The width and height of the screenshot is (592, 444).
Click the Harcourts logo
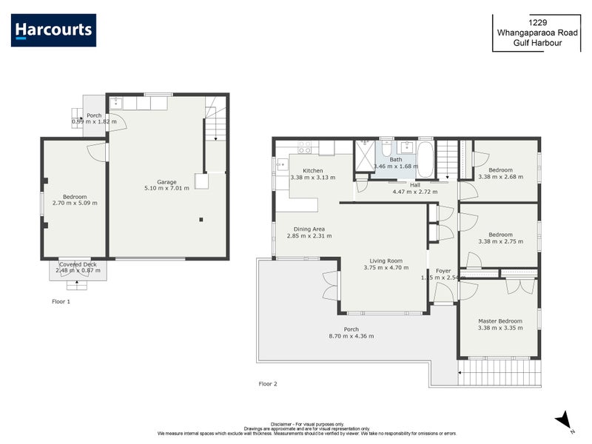click(53, 30)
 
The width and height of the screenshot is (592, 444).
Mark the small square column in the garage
click(201, 219)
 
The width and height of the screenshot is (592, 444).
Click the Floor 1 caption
click(61, 302)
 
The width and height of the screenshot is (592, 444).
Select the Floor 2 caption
click(268, 384)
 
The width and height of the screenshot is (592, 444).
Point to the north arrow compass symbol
click(564, 420)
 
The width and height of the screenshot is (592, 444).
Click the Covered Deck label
click(78, 264)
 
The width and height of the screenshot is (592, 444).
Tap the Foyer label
click(443, 271)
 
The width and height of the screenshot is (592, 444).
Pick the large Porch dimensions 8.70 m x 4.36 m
click(351, 336)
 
